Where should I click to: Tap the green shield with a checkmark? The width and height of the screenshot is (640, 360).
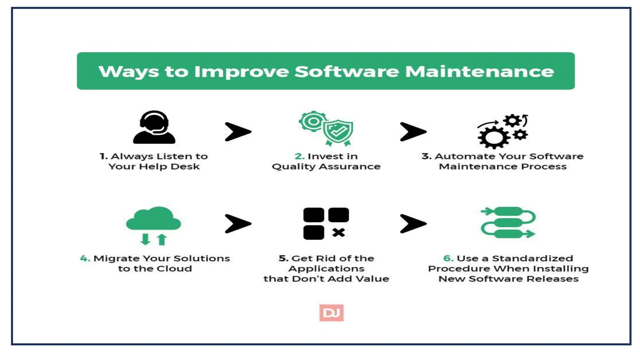point(338,131)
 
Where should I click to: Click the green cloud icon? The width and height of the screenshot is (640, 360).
point(153,219)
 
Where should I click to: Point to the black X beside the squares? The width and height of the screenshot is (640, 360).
point(338,232)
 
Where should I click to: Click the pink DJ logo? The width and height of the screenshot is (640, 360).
point(331,313)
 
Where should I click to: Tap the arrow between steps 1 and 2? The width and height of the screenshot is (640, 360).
point(237,132)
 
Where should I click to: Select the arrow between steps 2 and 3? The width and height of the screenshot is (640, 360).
point(413,132)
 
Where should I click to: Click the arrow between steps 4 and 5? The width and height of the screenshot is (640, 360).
point(237,223)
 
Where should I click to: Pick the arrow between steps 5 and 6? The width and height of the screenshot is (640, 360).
point(413,223)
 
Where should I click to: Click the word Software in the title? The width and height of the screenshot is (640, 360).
point(347,72)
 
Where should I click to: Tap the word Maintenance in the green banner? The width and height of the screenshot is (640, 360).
point(479,72)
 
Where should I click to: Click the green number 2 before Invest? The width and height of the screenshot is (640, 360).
point(299,156)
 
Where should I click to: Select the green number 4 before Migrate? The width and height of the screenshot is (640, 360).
point(85,258)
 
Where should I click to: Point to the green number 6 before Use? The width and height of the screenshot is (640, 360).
point(448,258)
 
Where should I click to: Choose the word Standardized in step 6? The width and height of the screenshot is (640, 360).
point(532,258)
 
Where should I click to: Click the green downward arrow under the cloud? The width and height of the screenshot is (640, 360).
point(145,239)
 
